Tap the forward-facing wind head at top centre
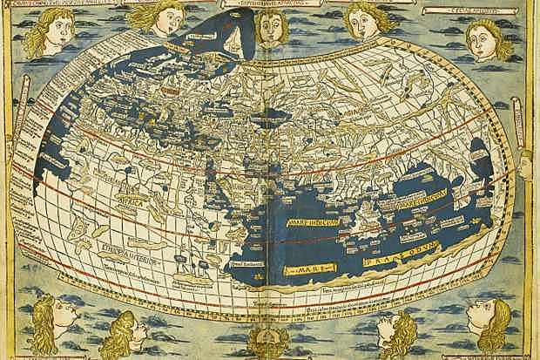pos(273,29)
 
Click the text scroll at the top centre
pos(269,4)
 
